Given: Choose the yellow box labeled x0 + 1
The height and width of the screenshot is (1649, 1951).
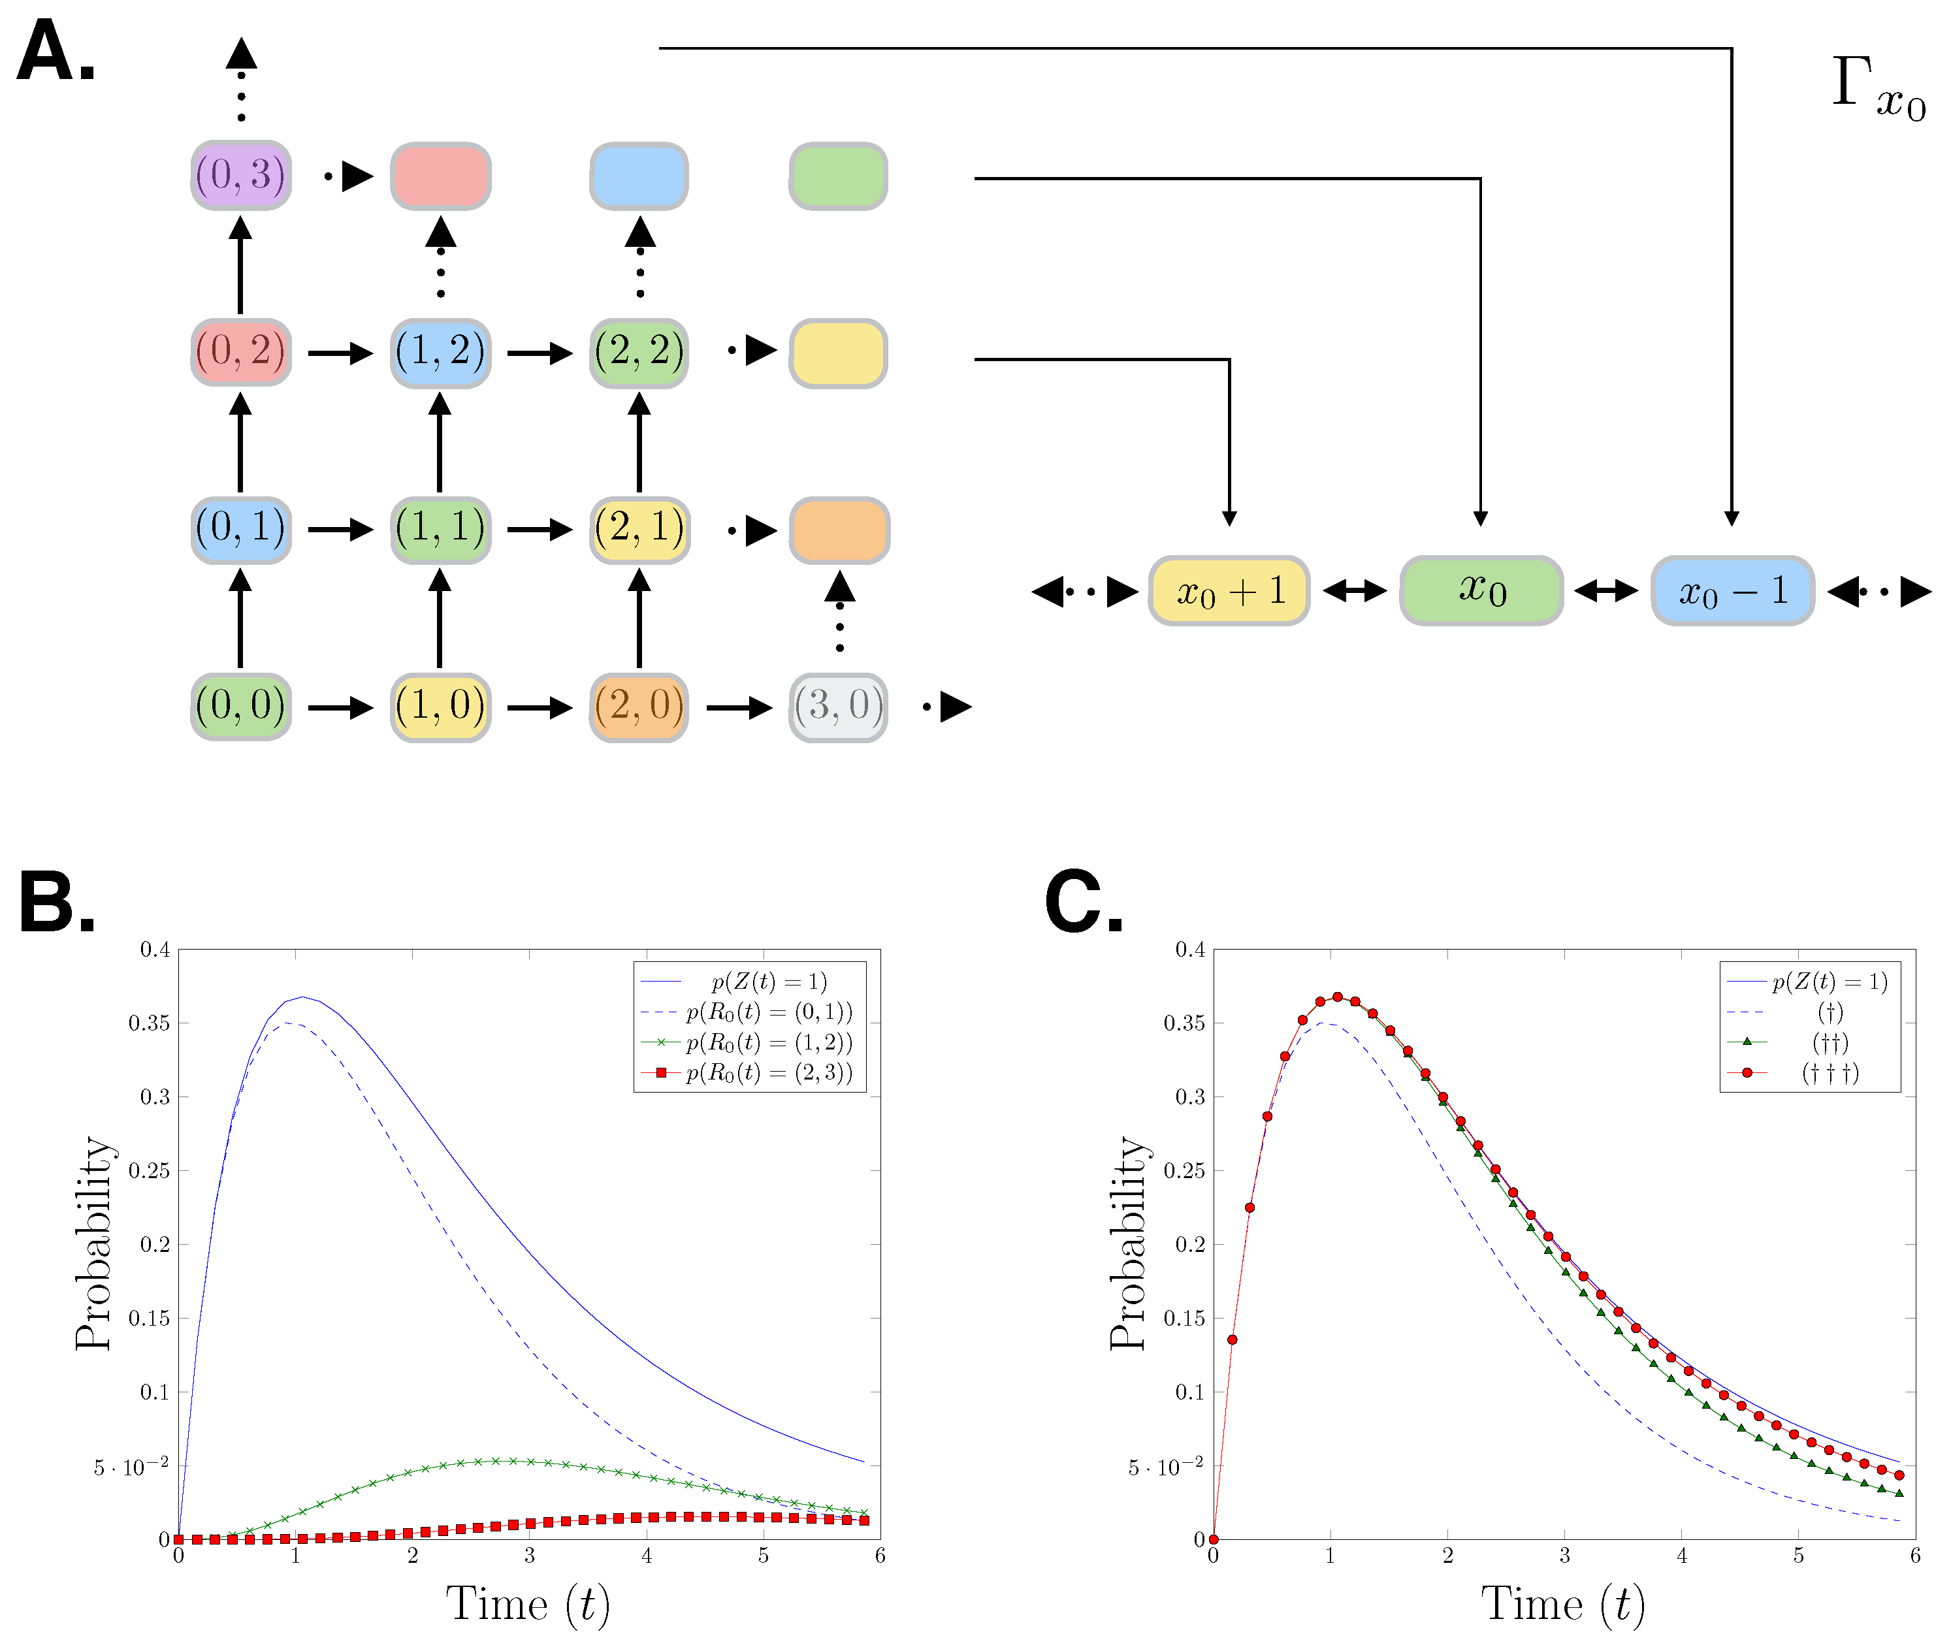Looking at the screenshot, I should (x=1229, y=591).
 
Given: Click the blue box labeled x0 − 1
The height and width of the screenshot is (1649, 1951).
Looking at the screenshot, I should (x=1732, y=591).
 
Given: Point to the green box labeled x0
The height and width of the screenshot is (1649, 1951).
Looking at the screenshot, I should (x=1481, y=591).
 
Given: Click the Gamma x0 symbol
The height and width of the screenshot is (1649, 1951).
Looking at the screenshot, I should (x=1877, y=89).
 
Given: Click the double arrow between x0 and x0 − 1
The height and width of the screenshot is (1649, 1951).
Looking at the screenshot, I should (x=1606, y=591).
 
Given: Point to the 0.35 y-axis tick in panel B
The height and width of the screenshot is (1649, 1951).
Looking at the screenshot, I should (x=149, y=1023).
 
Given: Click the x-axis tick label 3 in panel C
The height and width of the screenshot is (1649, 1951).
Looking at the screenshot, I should (x=1564, y=1556).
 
